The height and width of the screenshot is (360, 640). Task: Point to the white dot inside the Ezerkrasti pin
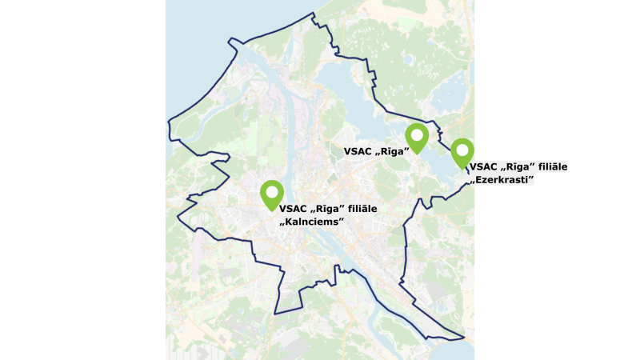462,149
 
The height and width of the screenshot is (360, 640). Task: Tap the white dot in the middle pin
417,134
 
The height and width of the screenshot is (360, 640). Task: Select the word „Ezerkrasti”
502,180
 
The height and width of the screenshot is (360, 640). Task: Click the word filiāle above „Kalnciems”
357,209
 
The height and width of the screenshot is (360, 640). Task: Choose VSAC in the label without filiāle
358,150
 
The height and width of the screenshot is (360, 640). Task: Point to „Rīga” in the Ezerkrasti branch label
515,167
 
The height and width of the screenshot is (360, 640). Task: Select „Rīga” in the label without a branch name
393,150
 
